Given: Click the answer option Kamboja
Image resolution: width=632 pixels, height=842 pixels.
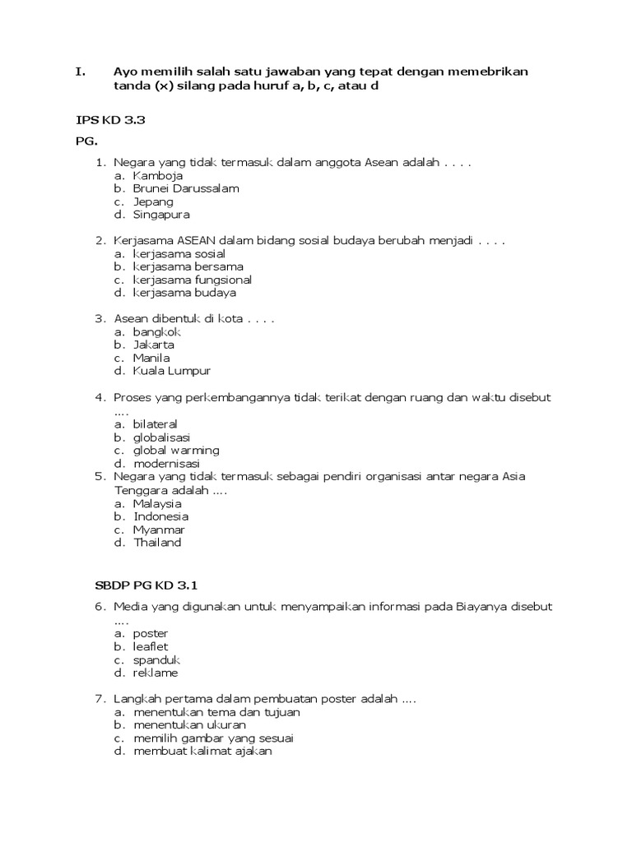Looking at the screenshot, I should tap(158, 175).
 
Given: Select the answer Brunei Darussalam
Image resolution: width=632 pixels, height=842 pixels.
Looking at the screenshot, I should tap(186, 188).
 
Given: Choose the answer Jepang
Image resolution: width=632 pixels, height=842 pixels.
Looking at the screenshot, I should tap(153, 201).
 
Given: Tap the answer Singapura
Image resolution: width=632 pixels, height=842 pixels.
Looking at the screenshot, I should tap(161, 215).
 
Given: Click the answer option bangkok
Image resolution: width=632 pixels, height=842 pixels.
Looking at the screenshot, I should tap(156, 331).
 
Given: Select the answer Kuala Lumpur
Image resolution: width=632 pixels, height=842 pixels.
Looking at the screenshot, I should tap(172, 371).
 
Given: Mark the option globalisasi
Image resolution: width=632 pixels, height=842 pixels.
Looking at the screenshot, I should tap(161, 437).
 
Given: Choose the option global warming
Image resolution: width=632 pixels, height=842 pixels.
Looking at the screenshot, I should tap(176, 451).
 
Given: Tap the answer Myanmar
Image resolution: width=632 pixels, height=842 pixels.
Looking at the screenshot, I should tap(159, 530).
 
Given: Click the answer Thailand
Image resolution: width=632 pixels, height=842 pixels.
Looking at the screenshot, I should tap(157, 543).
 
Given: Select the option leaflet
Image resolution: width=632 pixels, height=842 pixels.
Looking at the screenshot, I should tap(150, 647).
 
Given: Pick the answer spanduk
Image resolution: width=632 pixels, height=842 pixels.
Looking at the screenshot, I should tap(156, 660).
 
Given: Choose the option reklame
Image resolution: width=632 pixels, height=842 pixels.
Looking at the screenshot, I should tap(155, 673).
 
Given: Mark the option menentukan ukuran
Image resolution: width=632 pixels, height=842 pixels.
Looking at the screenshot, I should tap(189, 725).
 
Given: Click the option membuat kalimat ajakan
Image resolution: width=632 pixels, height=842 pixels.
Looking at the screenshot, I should tap(202, 752).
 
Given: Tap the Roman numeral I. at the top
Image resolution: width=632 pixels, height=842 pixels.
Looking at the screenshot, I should tap(81, 72).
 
